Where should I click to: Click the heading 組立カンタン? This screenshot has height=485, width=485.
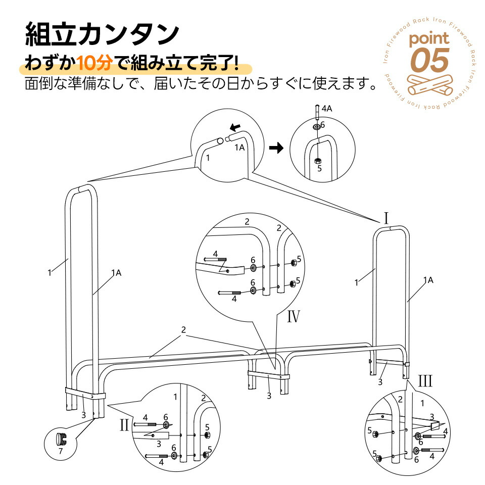click(102, 34)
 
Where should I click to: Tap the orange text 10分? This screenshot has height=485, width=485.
click(94, 63)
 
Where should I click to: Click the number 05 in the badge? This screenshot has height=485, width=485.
click(429, 60)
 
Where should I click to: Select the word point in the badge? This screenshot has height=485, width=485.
click(429, 39)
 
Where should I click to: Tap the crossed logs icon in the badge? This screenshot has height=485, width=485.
click(429, 84)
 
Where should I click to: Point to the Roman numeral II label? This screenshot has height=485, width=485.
click(124, 425)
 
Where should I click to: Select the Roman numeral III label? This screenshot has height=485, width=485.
click(425, 381)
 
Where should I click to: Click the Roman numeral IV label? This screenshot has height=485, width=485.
click(293, 316)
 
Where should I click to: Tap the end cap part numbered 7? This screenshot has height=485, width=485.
click(62, 439)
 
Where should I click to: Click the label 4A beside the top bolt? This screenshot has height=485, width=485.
click(327, 109)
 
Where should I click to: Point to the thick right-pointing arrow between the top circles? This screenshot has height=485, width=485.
click(276, 148)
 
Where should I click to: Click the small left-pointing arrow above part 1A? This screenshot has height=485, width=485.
click(235, 127)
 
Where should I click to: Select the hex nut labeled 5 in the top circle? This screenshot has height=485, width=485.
click(317, 161)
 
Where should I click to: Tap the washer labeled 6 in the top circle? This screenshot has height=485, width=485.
click(317, 126)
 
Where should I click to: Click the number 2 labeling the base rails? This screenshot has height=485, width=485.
click(183, 330)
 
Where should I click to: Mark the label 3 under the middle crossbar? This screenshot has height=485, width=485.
click(269, 396)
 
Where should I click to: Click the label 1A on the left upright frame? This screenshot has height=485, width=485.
click(116, 273)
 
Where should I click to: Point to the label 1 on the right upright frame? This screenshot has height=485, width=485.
click(356, 282)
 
